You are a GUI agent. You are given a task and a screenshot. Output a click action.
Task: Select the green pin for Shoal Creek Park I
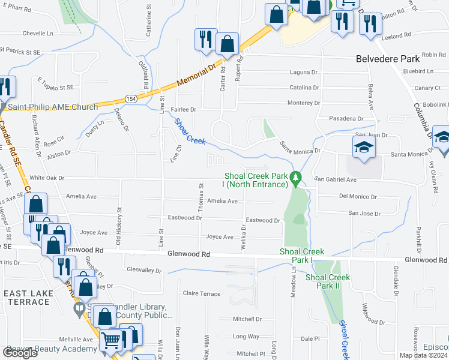(295, 178)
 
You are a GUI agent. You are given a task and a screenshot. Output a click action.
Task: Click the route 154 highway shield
(130, 98)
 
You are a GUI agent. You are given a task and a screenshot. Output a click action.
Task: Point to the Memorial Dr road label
(196, 76)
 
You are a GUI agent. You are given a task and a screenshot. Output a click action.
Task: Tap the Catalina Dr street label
(304, 88)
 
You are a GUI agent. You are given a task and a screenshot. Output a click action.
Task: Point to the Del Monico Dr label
(358, 196)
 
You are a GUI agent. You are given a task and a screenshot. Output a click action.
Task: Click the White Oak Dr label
(47, 178)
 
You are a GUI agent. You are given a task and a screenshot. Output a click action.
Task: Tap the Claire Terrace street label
(202, 293)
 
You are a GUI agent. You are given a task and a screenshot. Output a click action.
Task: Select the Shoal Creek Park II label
(328, 281)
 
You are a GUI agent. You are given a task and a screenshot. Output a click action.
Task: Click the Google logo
(20, 352)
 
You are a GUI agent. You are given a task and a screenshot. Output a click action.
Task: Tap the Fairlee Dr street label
(184, 110)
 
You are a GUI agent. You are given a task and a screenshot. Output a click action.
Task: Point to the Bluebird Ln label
(414, 71)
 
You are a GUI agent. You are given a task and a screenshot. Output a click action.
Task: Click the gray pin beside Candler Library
(78, 310)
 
